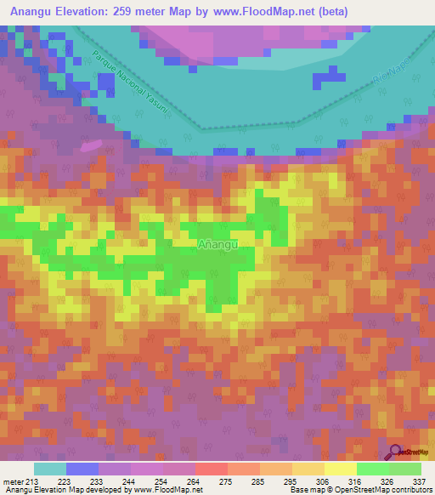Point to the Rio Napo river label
[384, 78]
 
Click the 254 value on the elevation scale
[161, 481]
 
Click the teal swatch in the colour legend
[49, 469]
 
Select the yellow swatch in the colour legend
[340, 469]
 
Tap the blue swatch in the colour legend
[82, 469]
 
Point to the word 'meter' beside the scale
[11, 481]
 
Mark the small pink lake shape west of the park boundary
[89, 146]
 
